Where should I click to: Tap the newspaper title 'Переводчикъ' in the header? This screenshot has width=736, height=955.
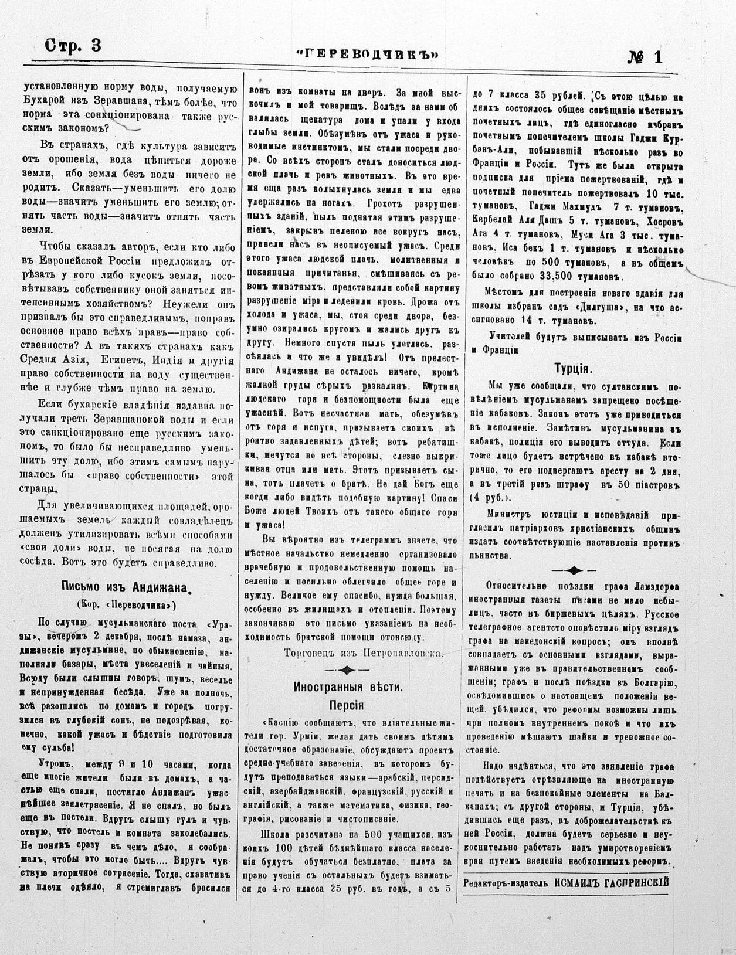368,55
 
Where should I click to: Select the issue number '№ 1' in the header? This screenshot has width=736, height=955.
645,57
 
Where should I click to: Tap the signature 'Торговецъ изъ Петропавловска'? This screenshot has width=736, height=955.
364,652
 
